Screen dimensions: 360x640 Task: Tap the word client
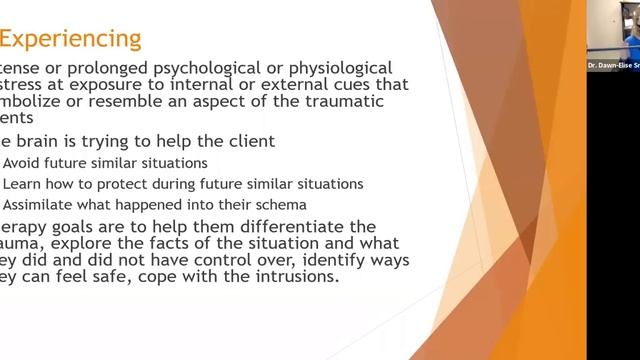(245, 141)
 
